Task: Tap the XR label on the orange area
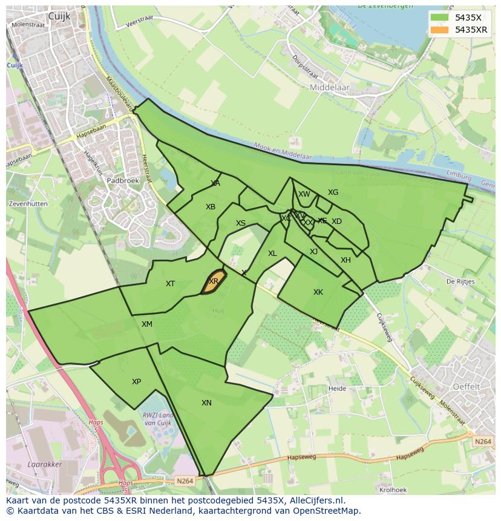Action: point(214,281)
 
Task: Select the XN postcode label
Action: point(206,403)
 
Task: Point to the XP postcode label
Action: point(136,382)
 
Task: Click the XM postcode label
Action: point(147,324)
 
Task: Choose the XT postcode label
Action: point(171,284)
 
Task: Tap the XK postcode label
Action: point(318,292)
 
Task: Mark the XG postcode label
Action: point(333,192)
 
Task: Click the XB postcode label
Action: point(211,207)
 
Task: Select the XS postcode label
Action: point(241,223)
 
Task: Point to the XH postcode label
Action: point(345,260)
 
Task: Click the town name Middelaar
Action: point(330,88)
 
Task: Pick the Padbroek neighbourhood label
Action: point(123,180)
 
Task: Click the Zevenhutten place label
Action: point(28,204)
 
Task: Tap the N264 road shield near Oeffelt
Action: point(483,442)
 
